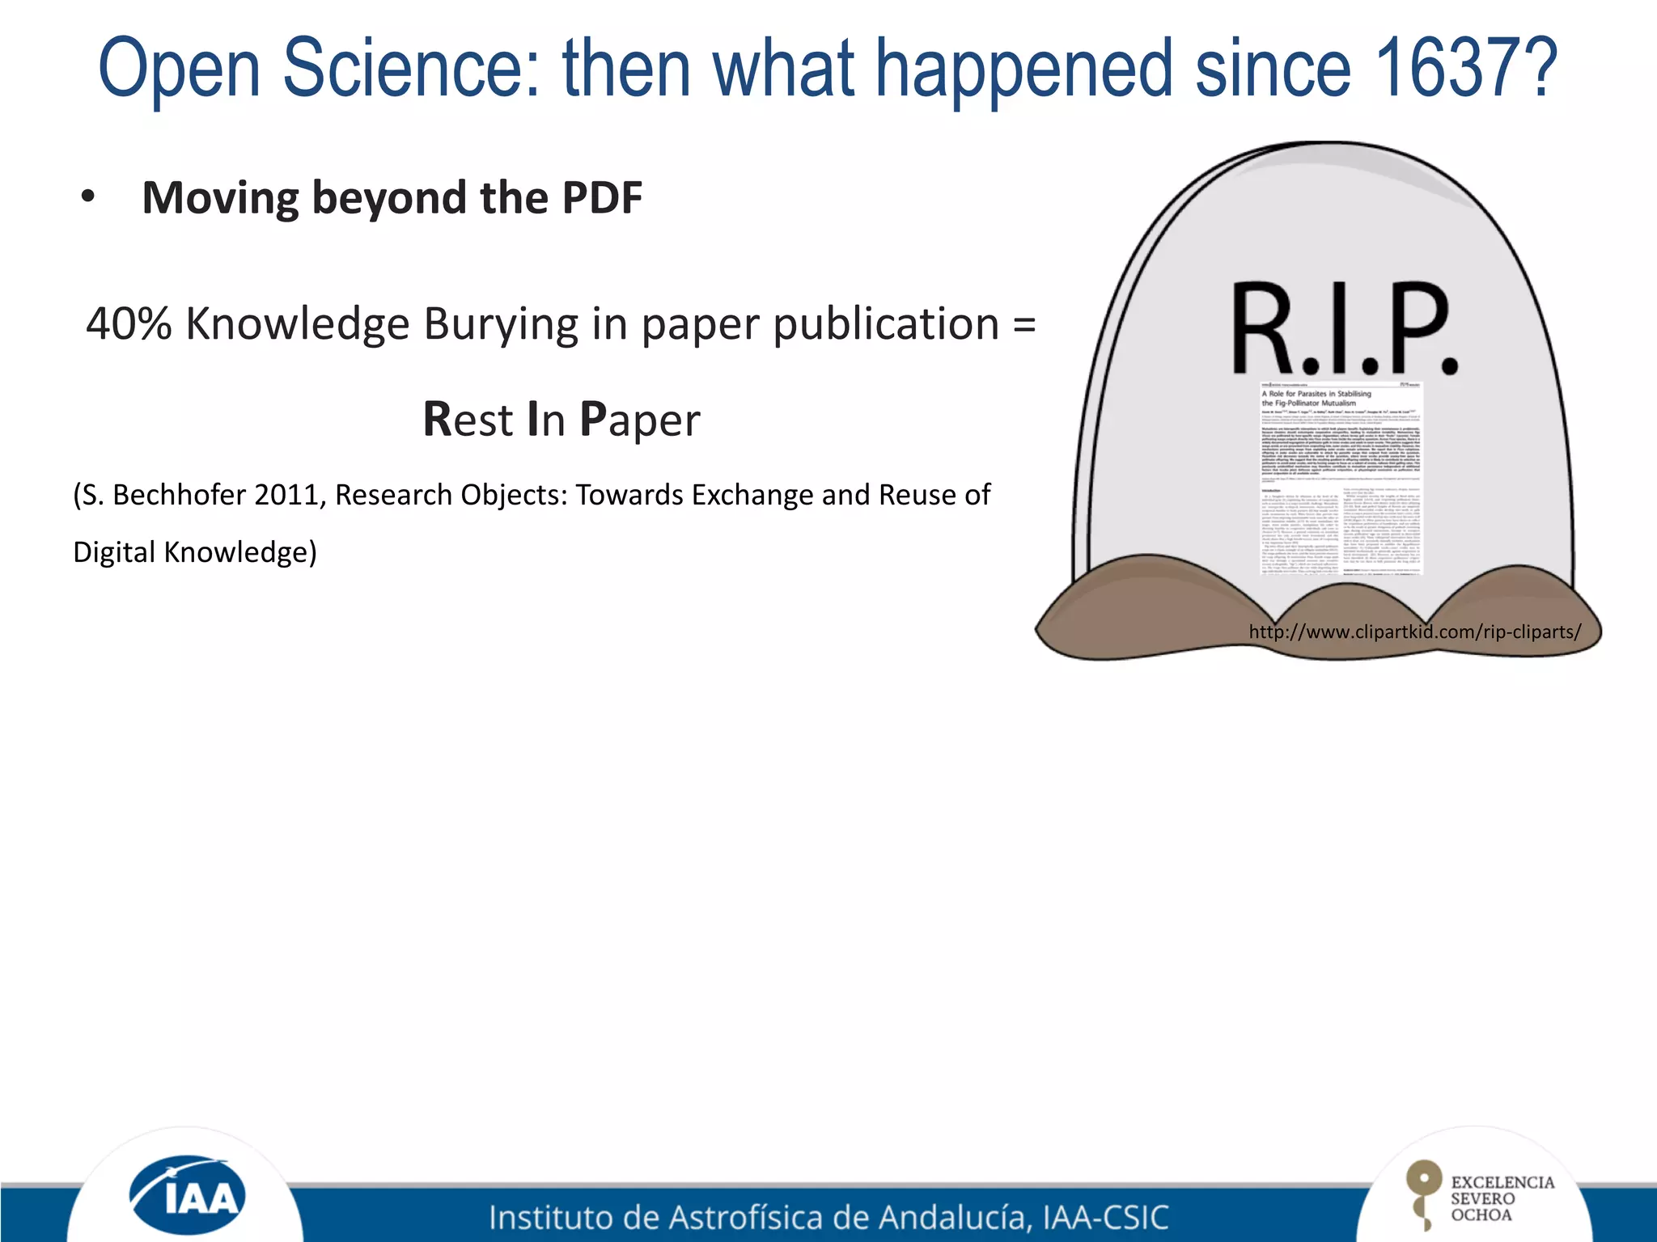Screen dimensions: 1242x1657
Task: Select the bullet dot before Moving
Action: click(88, 196)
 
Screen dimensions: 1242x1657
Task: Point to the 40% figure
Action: click(129, 324)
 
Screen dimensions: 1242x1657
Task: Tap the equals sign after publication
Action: click(1023, 324)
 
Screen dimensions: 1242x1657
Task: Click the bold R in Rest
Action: click(437, 419)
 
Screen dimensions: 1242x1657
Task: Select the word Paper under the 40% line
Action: click(640, 420)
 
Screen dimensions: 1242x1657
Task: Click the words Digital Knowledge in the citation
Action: click(194, 552)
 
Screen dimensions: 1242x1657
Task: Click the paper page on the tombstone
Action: click(1341, 477)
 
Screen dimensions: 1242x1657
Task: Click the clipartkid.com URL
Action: click(1414, 632)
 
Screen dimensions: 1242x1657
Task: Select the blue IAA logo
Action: click(188, 1195)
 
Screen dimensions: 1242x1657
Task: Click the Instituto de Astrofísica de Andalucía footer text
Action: click(828, 1217)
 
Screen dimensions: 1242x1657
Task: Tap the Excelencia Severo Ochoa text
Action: click(1501, 1198)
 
